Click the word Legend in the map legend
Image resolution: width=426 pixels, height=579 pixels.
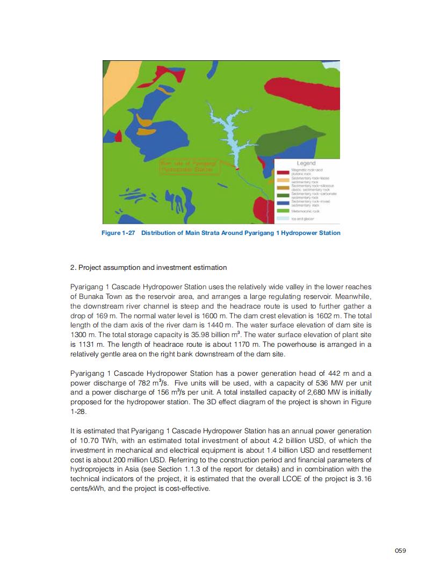306,163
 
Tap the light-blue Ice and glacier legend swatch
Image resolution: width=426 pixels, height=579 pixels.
283,219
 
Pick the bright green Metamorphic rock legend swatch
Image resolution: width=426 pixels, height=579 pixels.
283,211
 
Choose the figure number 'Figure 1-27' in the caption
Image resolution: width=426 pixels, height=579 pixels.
118,233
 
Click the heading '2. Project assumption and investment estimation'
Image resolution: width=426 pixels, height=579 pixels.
148,267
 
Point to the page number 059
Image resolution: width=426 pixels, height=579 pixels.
400,550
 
